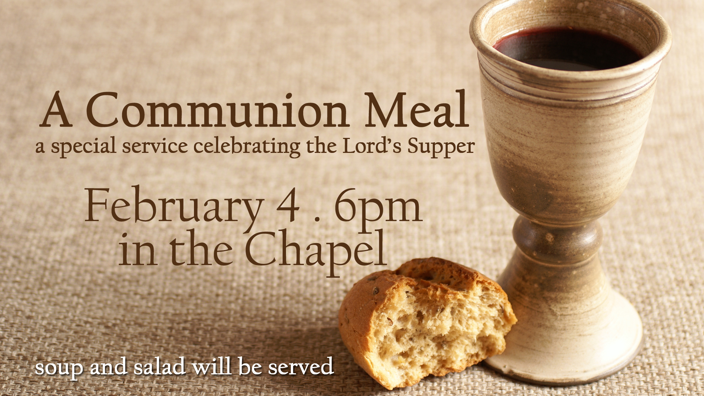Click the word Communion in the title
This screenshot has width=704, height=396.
click(217, 110)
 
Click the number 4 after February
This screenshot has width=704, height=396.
click(289, 205)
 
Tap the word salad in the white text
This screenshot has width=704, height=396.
click(159, 366)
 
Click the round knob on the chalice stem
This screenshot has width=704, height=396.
click(557, 238)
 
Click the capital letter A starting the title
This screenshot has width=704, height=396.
click(55, 110)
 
